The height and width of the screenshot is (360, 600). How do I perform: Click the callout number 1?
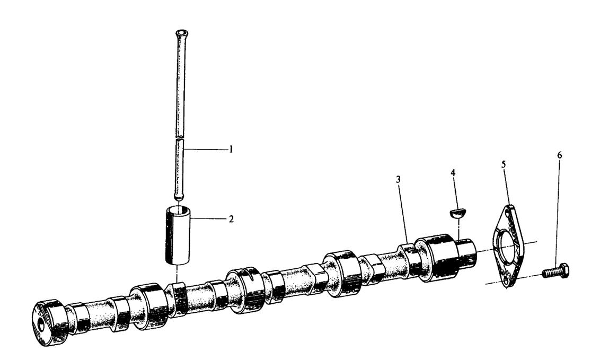tap(231, 150)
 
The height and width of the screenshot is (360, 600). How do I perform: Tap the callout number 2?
tap(231, 218)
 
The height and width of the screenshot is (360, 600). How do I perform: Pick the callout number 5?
tap(503, 164)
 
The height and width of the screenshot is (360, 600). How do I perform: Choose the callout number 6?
tap(560, 155)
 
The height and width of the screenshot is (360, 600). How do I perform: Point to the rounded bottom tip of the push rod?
tap(179, 196)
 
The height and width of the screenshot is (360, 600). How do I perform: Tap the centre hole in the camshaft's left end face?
tap(40, 323)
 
